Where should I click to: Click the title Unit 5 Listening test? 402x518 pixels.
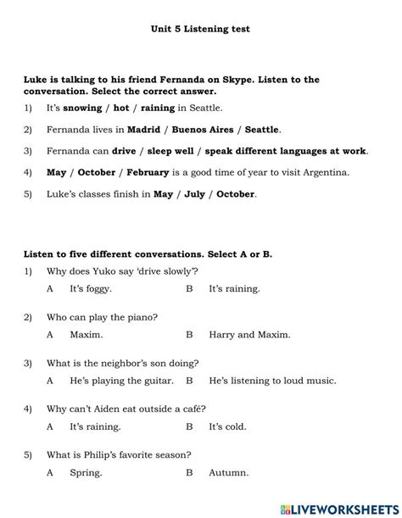(x=200, y=29)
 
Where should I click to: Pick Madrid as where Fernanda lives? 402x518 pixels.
(x=143, y=130)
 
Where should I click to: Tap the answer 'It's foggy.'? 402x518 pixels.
(x=91, y=289)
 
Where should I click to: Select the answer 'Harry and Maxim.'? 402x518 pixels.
(x=243, y=335)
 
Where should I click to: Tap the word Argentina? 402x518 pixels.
(x=326, y=172)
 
